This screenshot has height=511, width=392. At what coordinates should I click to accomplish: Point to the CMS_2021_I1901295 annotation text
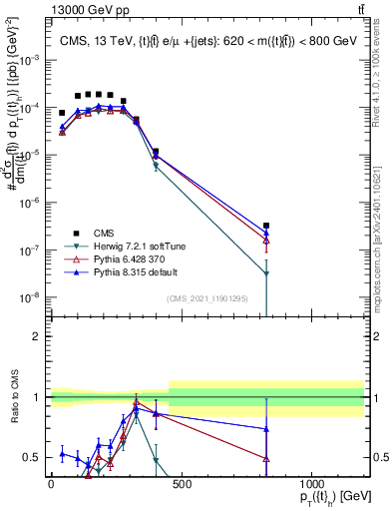[206, 298]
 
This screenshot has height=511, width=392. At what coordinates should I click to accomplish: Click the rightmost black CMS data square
[266, 227]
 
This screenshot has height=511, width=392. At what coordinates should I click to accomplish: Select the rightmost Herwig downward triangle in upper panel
[266, 273]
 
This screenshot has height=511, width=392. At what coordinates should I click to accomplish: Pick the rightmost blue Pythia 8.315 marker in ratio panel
[266, 429]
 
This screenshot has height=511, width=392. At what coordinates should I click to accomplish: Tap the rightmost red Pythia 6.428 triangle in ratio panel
[266, 458]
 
